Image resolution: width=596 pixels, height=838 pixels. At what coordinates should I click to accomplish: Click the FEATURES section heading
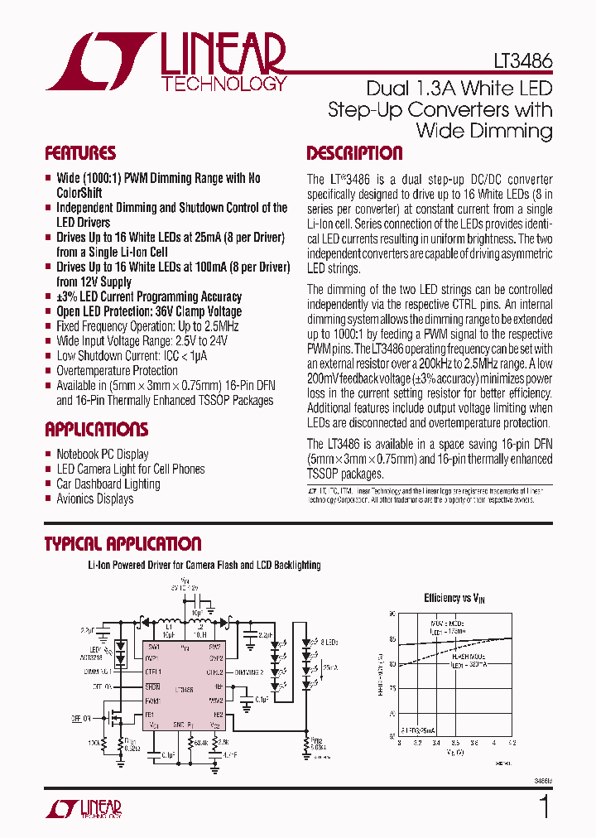pos(80,153)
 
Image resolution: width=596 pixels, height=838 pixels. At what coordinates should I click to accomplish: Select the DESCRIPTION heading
pos(354,153)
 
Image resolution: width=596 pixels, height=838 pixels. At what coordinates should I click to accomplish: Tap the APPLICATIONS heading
pos(97,430)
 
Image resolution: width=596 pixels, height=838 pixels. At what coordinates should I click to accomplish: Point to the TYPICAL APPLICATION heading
pos(123,544)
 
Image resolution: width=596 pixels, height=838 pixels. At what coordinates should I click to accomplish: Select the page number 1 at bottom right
pos(544,806)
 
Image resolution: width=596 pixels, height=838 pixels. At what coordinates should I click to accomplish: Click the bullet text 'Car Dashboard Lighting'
pos(108,484)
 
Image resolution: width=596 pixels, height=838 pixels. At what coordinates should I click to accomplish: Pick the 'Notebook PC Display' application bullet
pos(102,454)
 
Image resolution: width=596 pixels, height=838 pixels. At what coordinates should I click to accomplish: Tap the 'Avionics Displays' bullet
pos(94,498)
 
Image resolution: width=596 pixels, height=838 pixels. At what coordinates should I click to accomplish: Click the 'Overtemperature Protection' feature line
pos(117,371)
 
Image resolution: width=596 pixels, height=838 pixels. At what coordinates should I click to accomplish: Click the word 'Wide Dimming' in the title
pos(483,130)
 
